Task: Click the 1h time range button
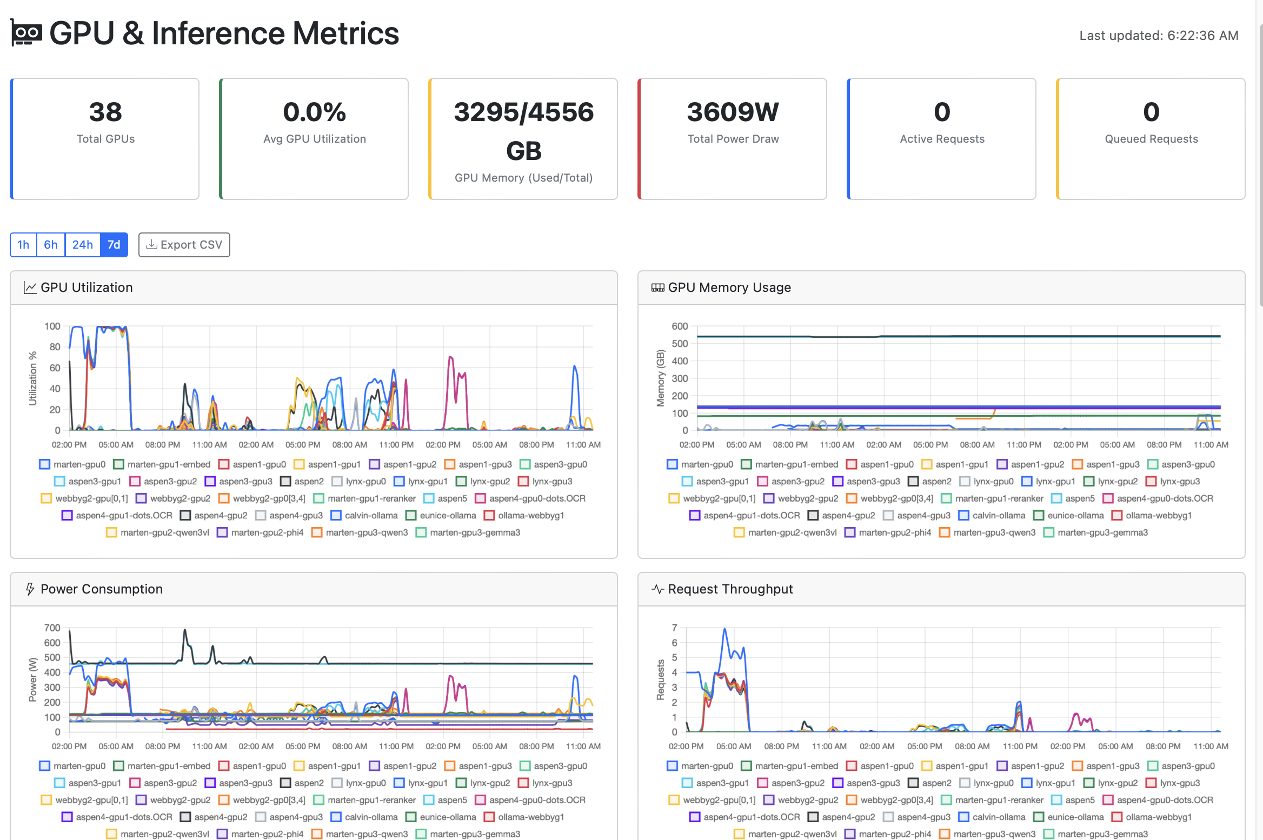(23, 245)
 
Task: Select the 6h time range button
(51, 245)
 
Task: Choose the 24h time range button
(83, 245)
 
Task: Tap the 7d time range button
(114, 245)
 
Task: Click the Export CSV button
(184, 245)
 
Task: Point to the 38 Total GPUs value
(105, 112)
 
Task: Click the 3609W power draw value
(733, 112)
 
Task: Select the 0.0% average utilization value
(314, 112)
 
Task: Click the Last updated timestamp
(1159, 36)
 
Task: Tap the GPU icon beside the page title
(26, 34)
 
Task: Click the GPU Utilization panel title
(87, 288)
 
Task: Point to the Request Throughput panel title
(730, 589)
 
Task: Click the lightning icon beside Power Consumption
(30, 589)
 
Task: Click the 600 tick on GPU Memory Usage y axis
(680, 326)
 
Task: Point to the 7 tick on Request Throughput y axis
(674, 628)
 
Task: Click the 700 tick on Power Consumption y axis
(52, 628)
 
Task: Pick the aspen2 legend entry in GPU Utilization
(302, 482)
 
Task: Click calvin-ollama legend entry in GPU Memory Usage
(992, 516)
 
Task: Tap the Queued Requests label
(1151, 139)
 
